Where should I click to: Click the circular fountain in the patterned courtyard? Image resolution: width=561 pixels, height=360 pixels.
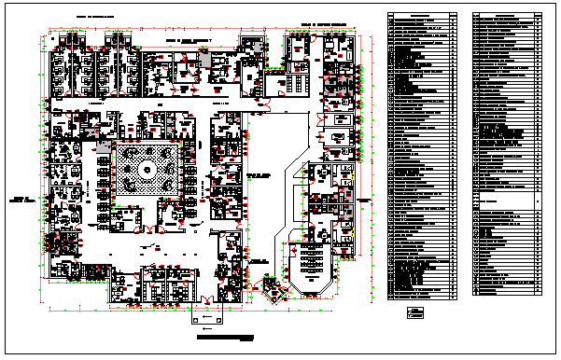click(147, 171)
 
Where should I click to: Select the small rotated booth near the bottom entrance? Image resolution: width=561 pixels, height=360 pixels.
click(270, 288)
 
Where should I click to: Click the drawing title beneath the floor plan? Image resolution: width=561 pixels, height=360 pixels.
click(225, 337)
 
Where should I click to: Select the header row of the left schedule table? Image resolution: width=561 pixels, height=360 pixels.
click(422, 16)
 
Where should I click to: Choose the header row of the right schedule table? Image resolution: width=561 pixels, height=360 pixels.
click(505, 16)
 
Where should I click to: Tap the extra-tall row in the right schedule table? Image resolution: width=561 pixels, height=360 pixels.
click(505, 200)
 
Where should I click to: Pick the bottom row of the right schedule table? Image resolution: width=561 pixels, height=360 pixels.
click(505, 295)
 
